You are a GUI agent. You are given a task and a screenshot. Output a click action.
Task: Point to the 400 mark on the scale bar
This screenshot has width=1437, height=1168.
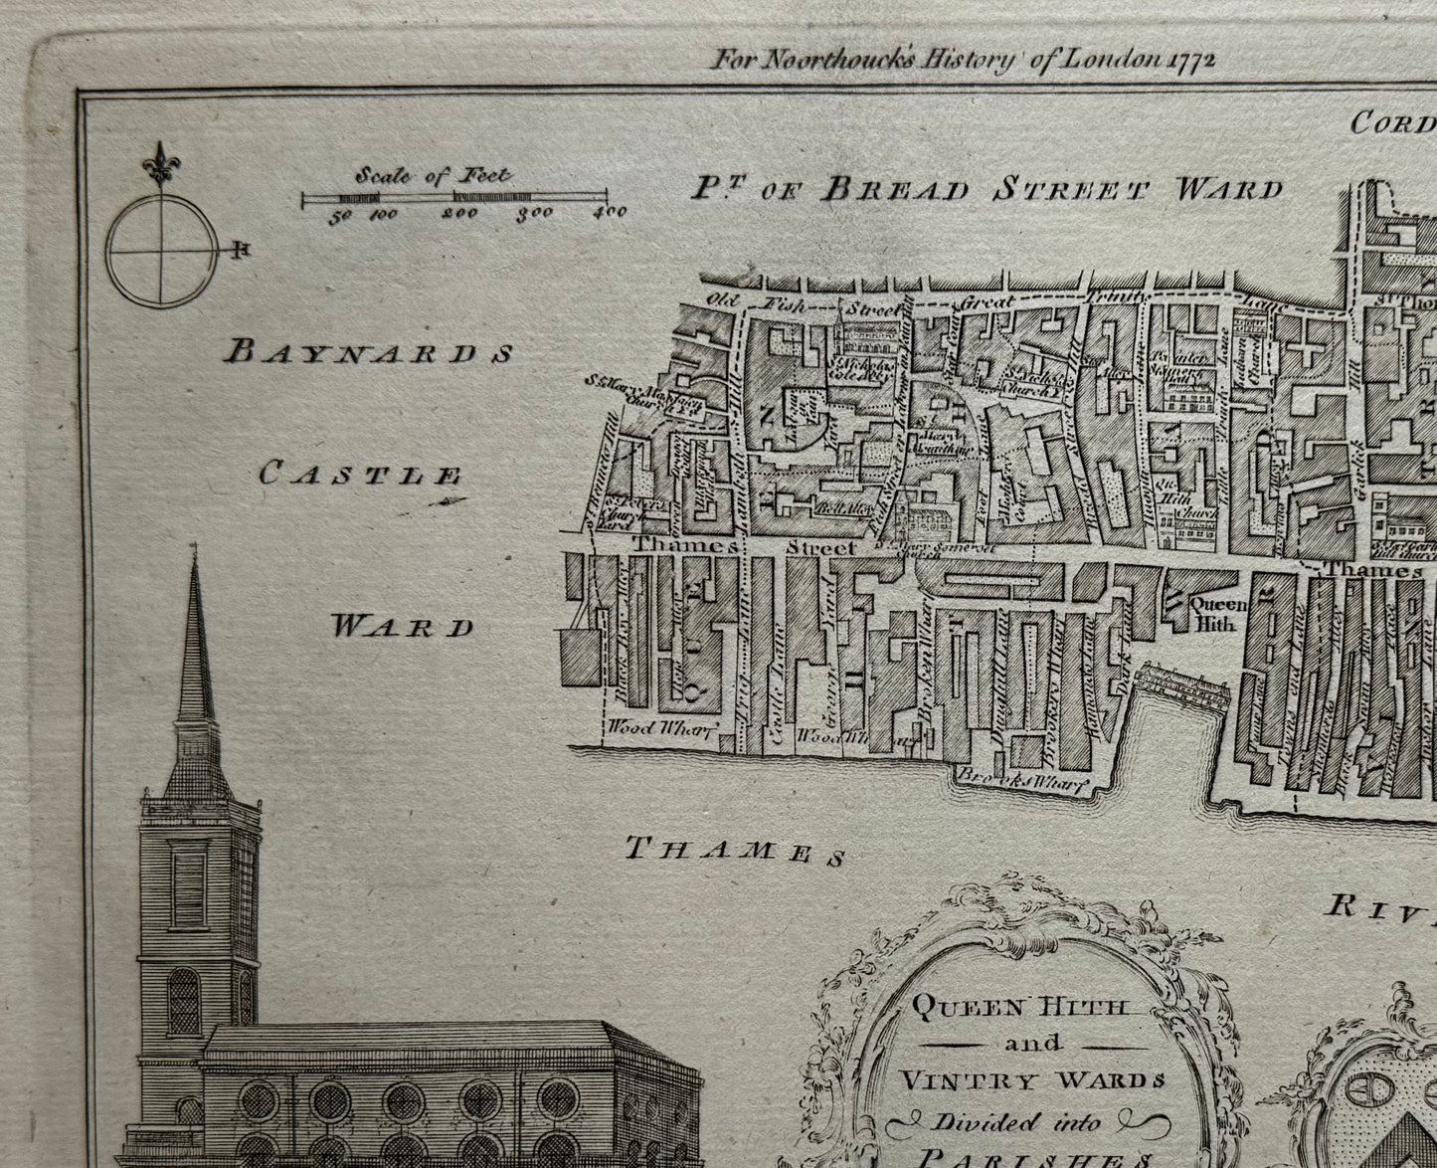coord(612,212)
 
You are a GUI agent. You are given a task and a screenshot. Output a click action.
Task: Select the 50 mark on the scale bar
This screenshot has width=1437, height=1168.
coord(341,215)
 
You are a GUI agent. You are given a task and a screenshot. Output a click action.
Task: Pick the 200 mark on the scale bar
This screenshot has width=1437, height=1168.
coord(460,213)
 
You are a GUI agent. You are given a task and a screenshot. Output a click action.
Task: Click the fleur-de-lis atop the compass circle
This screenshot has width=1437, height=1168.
coord(159,161)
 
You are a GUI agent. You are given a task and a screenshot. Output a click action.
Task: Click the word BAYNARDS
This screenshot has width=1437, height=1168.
coord(369,352)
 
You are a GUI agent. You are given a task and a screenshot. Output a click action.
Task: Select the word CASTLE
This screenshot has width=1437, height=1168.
coord(359,476)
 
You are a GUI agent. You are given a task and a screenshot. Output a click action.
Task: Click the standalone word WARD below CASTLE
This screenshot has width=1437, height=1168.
coord(403,627)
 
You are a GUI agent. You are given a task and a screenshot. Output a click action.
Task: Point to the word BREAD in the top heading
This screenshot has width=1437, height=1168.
coord(893,189)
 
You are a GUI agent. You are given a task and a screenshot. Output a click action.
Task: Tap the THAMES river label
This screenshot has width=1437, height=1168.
coord(735,852)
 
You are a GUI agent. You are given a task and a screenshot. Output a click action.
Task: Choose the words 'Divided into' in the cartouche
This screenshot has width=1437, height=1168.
coord(1016,1123)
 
